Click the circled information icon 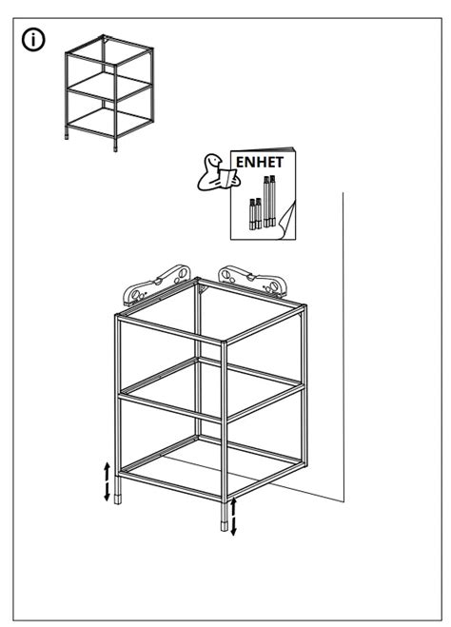tap(35, 40)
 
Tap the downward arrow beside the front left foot tap(107, 491)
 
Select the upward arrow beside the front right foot tap(233, 505)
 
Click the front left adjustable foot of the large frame tap(118, 498)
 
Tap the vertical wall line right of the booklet tap(343, 333)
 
